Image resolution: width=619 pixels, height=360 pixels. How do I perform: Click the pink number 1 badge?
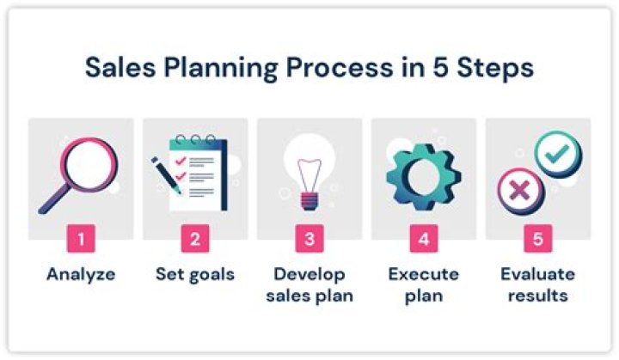pos(81,239)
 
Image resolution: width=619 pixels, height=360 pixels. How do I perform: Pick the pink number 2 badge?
pos(195,239)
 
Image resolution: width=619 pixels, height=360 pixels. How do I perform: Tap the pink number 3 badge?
pos(309,239)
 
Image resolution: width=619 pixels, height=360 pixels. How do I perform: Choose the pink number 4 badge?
pos(424,239)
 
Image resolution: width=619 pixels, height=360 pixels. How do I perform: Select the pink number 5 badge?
pos(538,239)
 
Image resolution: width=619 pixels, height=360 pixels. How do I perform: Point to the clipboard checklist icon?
pos(200,172)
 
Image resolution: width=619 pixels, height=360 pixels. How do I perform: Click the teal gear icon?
pos(423,174)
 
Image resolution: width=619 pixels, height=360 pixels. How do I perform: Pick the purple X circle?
pos(518,190)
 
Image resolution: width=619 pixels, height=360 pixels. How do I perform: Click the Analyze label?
pos(81,276)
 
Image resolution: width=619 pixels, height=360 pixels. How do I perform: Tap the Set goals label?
pos(195,276)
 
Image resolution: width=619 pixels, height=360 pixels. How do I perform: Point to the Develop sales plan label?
pos(309,285)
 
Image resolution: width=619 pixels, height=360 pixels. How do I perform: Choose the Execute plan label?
pos(424,285)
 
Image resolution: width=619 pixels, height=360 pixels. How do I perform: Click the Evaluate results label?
pos(538,285)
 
